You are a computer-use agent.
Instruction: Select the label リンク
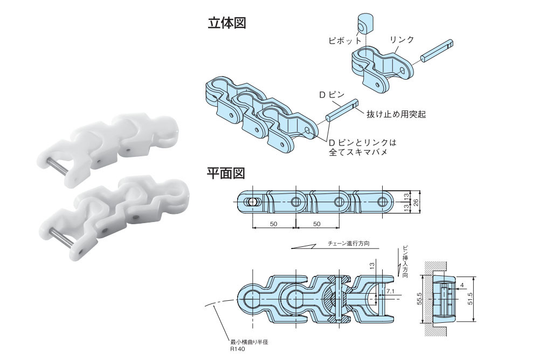point(402,39)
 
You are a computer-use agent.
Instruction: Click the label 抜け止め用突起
point(393,115)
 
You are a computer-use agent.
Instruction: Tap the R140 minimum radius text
point(238,349)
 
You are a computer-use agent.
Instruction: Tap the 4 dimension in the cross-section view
point(462,285)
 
